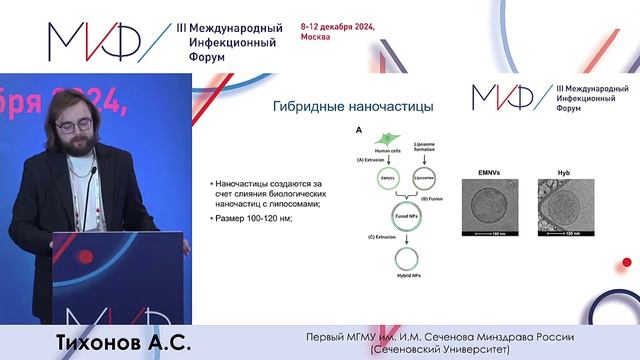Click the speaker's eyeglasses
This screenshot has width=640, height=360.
coord(75,124)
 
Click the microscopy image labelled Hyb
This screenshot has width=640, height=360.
coord(567,201)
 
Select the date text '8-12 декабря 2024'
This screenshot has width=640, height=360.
coord(337,27)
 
